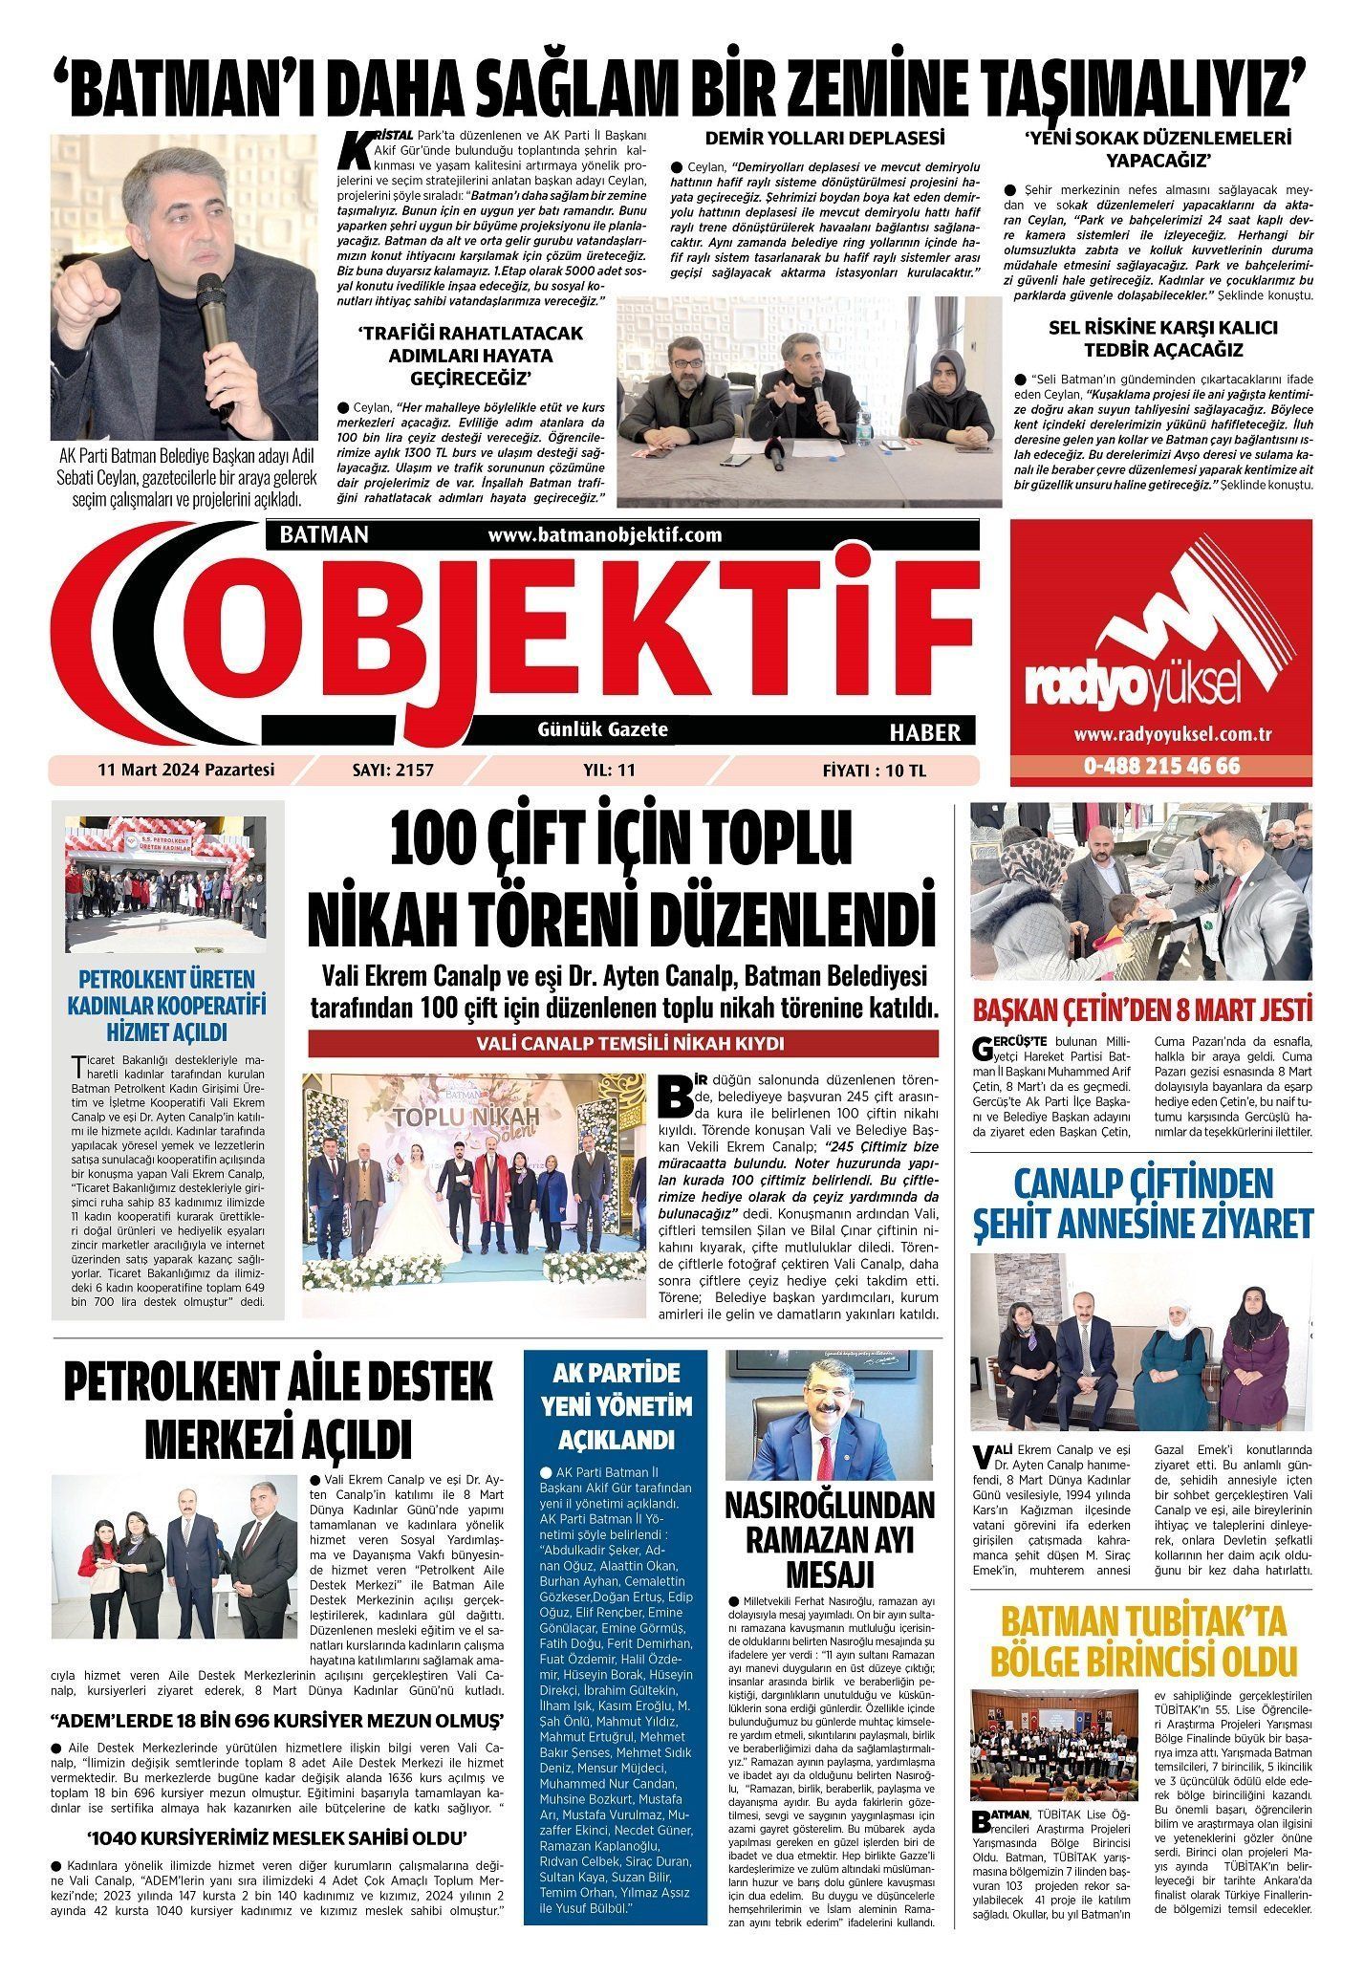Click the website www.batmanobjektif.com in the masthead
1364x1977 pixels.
[x=604, y=535]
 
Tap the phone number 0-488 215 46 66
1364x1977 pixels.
[x=1161, y=766]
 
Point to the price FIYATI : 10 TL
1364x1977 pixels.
[x=874, y=769]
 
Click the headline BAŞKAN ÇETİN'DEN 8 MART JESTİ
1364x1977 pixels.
[x=1142, y=1010]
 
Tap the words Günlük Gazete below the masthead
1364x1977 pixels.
[x=603, y=729]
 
